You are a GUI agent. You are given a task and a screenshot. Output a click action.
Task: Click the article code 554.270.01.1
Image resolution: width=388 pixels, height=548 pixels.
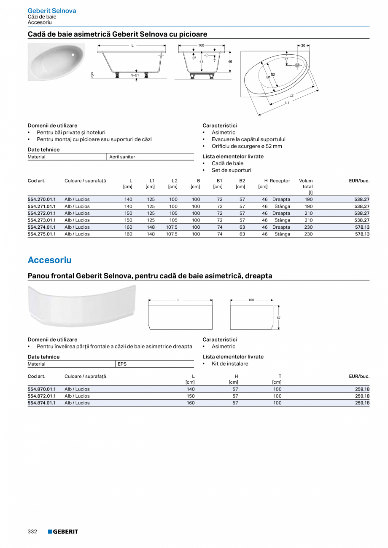41,199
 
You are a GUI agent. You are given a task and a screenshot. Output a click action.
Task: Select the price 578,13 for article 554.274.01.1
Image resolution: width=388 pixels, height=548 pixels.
362,227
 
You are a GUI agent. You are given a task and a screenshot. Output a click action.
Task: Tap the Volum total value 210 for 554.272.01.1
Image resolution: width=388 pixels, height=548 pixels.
308,213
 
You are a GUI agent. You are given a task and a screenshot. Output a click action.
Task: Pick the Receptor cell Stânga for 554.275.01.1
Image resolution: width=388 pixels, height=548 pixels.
282,234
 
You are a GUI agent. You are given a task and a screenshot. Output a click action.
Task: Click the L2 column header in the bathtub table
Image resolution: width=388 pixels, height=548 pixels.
174,181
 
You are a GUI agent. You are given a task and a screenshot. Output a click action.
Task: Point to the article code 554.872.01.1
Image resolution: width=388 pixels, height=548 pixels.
41,396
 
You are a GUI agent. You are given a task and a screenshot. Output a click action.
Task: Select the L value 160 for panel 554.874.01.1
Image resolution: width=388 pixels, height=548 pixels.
190,403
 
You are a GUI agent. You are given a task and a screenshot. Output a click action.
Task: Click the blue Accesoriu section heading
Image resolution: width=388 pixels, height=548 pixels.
49,260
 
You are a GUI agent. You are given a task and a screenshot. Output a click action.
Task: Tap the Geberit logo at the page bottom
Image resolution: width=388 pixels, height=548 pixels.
63,532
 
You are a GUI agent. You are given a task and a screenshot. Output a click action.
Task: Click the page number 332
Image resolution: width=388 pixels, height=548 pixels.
32,532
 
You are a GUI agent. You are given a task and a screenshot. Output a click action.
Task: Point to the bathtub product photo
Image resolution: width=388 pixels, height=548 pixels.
56,62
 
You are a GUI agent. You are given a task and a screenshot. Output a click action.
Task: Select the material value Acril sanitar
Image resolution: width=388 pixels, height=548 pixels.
122,157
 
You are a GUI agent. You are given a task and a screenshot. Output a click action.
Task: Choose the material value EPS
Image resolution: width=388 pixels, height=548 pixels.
122,364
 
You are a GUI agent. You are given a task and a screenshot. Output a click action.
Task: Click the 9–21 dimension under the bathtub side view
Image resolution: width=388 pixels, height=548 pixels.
135,75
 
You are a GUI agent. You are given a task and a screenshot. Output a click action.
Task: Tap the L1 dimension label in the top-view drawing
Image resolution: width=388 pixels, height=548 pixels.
287,102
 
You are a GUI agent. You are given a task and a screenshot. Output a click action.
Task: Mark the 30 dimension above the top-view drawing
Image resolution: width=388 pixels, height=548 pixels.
303,45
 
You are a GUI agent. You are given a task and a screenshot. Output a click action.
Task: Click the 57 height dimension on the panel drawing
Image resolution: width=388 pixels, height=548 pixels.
279,318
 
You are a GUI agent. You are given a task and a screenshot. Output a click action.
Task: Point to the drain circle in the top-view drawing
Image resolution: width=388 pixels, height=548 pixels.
297,65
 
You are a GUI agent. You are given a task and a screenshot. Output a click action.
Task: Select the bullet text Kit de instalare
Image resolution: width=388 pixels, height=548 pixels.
230,364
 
